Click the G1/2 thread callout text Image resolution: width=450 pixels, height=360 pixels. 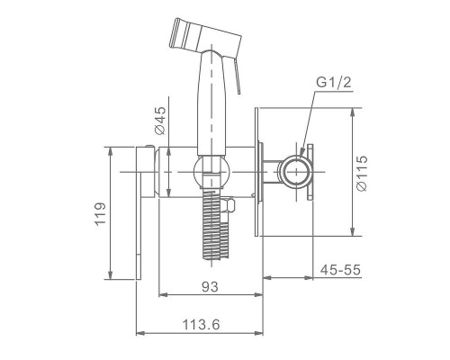pyautogui.click(x=334, y=82)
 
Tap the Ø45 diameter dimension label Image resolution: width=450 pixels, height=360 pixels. pyautogui.click(x=160, y=121)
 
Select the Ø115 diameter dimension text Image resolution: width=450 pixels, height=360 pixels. pyautogui.click(x=361, y=173)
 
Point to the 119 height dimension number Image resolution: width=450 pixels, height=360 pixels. pyautogui.click(x=100, y=213)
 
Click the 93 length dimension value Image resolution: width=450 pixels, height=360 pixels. pyautogui.click(x=210, y=287)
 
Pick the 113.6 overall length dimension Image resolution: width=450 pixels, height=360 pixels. pyautogui.click(x=201, y=325)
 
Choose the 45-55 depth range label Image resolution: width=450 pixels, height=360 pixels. pyautogui.click(x=340, y=270)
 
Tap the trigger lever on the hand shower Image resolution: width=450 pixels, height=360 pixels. pyautogui.click(x=237, y=76)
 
